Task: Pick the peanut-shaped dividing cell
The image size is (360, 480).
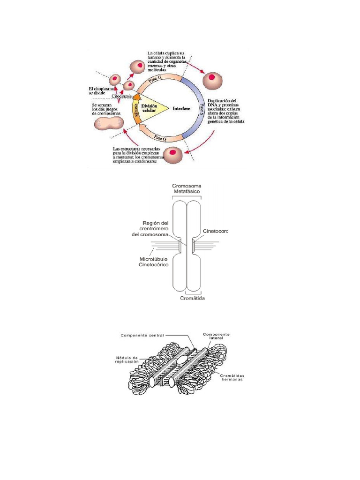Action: (109, 123)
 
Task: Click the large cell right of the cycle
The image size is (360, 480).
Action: (212, 79)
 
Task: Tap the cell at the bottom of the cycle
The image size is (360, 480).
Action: (174, 153)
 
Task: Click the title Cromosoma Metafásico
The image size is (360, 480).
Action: (187, 190)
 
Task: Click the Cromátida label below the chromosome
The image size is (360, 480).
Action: (193, 298)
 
